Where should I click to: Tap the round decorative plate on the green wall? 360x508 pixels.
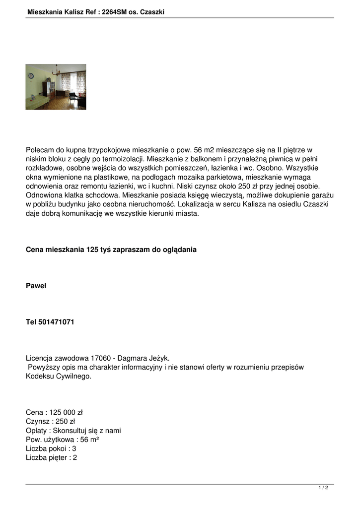point(31,75)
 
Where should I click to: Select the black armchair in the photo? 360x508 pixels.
point(72,96)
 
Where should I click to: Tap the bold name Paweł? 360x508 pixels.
point(36,286)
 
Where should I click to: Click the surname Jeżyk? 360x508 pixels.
point(158,358)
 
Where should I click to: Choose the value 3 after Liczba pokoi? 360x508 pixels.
point(74,448)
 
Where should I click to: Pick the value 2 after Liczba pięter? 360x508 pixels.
point(75,457)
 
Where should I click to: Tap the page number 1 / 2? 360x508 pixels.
point(323,488)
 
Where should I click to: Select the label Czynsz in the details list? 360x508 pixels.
point(37,422)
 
